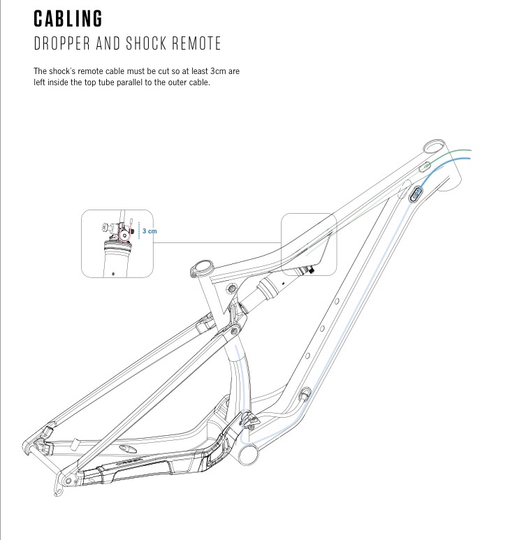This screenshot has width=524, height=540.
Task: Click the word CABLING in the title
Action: [68, 17]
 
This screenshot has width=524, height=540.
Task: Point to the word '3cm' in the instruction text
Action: [219, 72]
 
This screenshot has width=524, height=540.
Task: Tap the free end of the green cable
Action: [470, 150]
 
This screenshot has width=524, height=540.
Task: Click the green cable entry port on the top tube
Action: [423, 166]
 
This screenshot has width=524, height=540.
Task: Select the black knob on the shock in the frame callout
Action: [310, 270]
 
